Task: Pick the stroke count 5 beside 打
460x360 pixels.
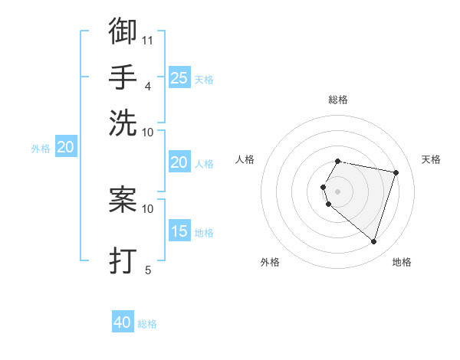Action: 148,270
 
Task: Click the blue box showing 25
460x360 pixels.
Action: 179,77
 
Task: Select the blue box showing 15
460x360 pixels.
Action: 179,231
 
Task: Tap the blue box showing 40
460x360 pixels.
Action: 123,322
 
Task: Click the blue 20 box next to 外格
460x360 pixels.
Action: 65,147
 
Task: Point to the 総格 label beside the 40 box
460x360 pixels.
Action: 147,324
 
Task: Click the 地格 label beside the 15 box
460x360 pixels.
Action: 204,233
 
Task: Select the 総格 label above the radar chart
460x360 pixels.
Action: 338,100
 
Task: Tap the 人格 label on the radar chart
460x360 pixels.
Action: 245,159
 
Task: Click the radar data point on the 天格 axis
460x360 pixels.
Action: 396,172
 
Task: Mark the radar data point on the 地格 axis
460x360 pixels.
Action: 373,241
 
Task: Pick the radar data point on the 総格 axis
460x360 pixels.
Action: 338,161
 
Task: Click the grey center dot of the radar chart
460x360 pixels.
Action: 338,191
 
